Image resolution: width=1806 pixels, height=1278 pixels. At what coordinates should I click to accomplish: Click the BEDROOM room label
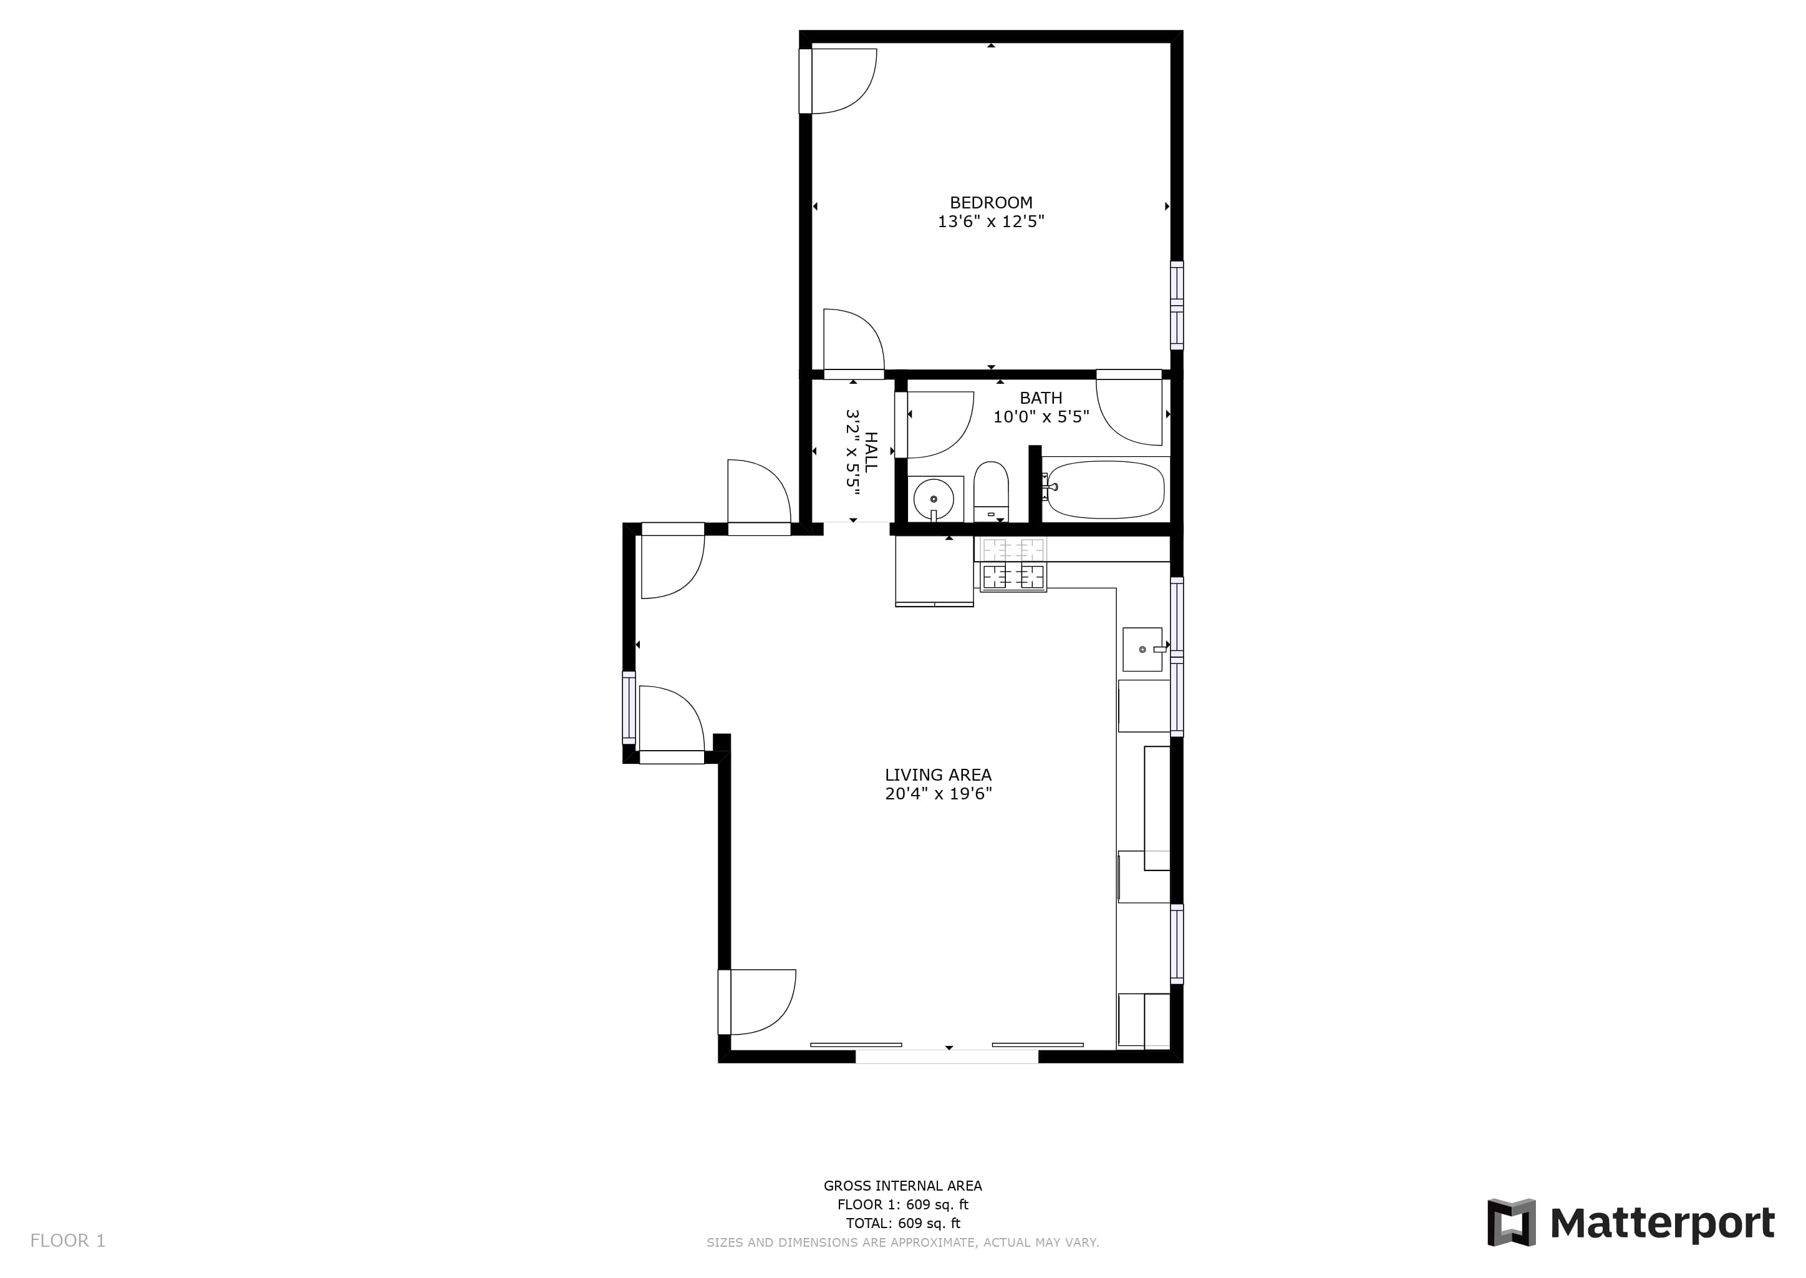point(990,202)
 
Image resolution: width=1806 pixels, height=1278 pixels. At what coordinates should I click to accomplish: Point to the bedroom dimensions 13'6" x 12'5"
point(990,222)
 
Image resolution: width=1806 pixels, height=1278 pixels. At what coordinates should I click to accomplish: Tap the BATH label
point(1041,398)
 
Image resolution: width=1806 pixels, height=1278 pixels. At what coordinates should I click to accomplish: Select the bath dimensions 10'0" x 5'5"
point(1041,417)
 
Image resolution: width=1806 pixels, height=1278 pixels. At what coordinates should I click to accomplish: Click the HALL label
point(871,452)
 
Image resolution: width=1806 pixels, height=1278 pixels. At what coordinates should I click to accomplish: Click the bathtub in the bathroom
point(1105,489)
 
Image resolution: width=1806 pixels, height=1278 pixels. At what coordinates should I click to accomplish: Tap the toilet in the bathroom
point(991,492)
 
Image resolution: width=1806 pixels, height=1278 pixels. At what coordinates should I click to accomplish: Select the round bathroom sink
point(934,499)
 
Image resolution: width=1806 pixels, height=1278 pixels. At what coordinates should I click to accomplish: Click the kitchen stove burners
point(1013,563)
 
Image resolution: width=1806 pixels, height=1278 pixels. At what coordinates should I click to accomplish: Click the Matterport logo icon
point(1511,1222)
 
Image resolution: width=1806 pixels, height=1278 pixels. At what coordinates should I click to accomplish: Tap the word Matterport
point(1662,1224)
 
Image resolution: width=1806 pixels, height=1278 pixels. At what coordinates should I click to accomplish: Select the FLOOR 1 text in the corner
point(67,1241)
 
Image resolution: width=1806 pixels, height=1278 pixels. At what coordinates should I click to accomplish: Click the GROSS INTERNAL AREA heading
point(902,1186)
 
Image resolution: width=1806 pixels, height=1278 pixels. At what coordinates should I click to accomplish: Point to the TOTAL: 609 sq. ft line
point(902,1224)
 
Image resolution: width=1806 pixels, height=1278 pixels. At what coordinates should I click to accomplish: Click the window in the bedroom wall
point(1177,305)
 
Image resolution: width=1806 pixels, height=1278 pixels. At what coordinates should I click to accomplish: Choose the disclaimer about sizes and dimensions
point(902,1242)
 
